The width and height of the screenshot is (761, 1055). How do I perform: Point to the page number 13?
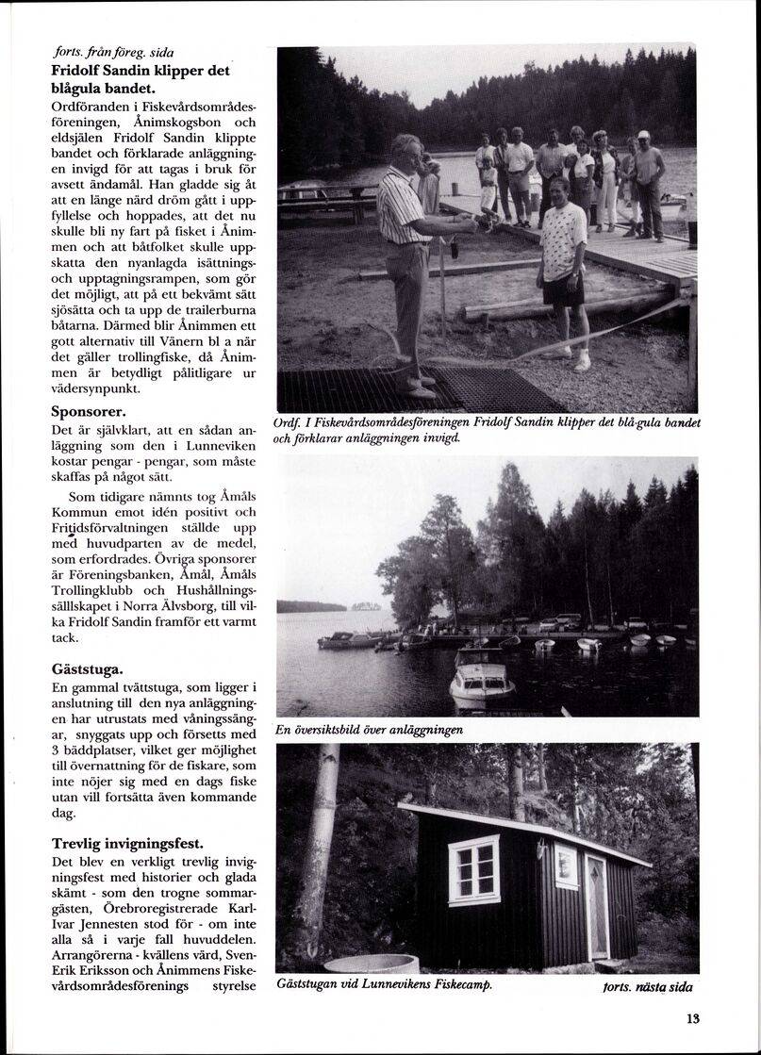tap(693, 1017)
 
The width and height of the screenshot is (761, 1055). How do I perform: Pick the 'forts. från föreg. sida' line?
tap(113, 53)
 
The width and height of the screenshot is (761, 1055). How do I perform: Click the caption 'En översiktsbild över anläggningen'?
tap(370, 730)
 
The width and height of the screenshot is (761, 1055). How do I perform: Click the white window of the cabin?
tap(473, 869)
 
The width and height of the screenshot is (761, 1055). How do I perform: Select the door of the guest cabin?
tap(597, 908)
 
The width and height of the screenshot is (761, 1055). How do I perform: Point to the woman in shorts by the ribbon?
tap(564, 269)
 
